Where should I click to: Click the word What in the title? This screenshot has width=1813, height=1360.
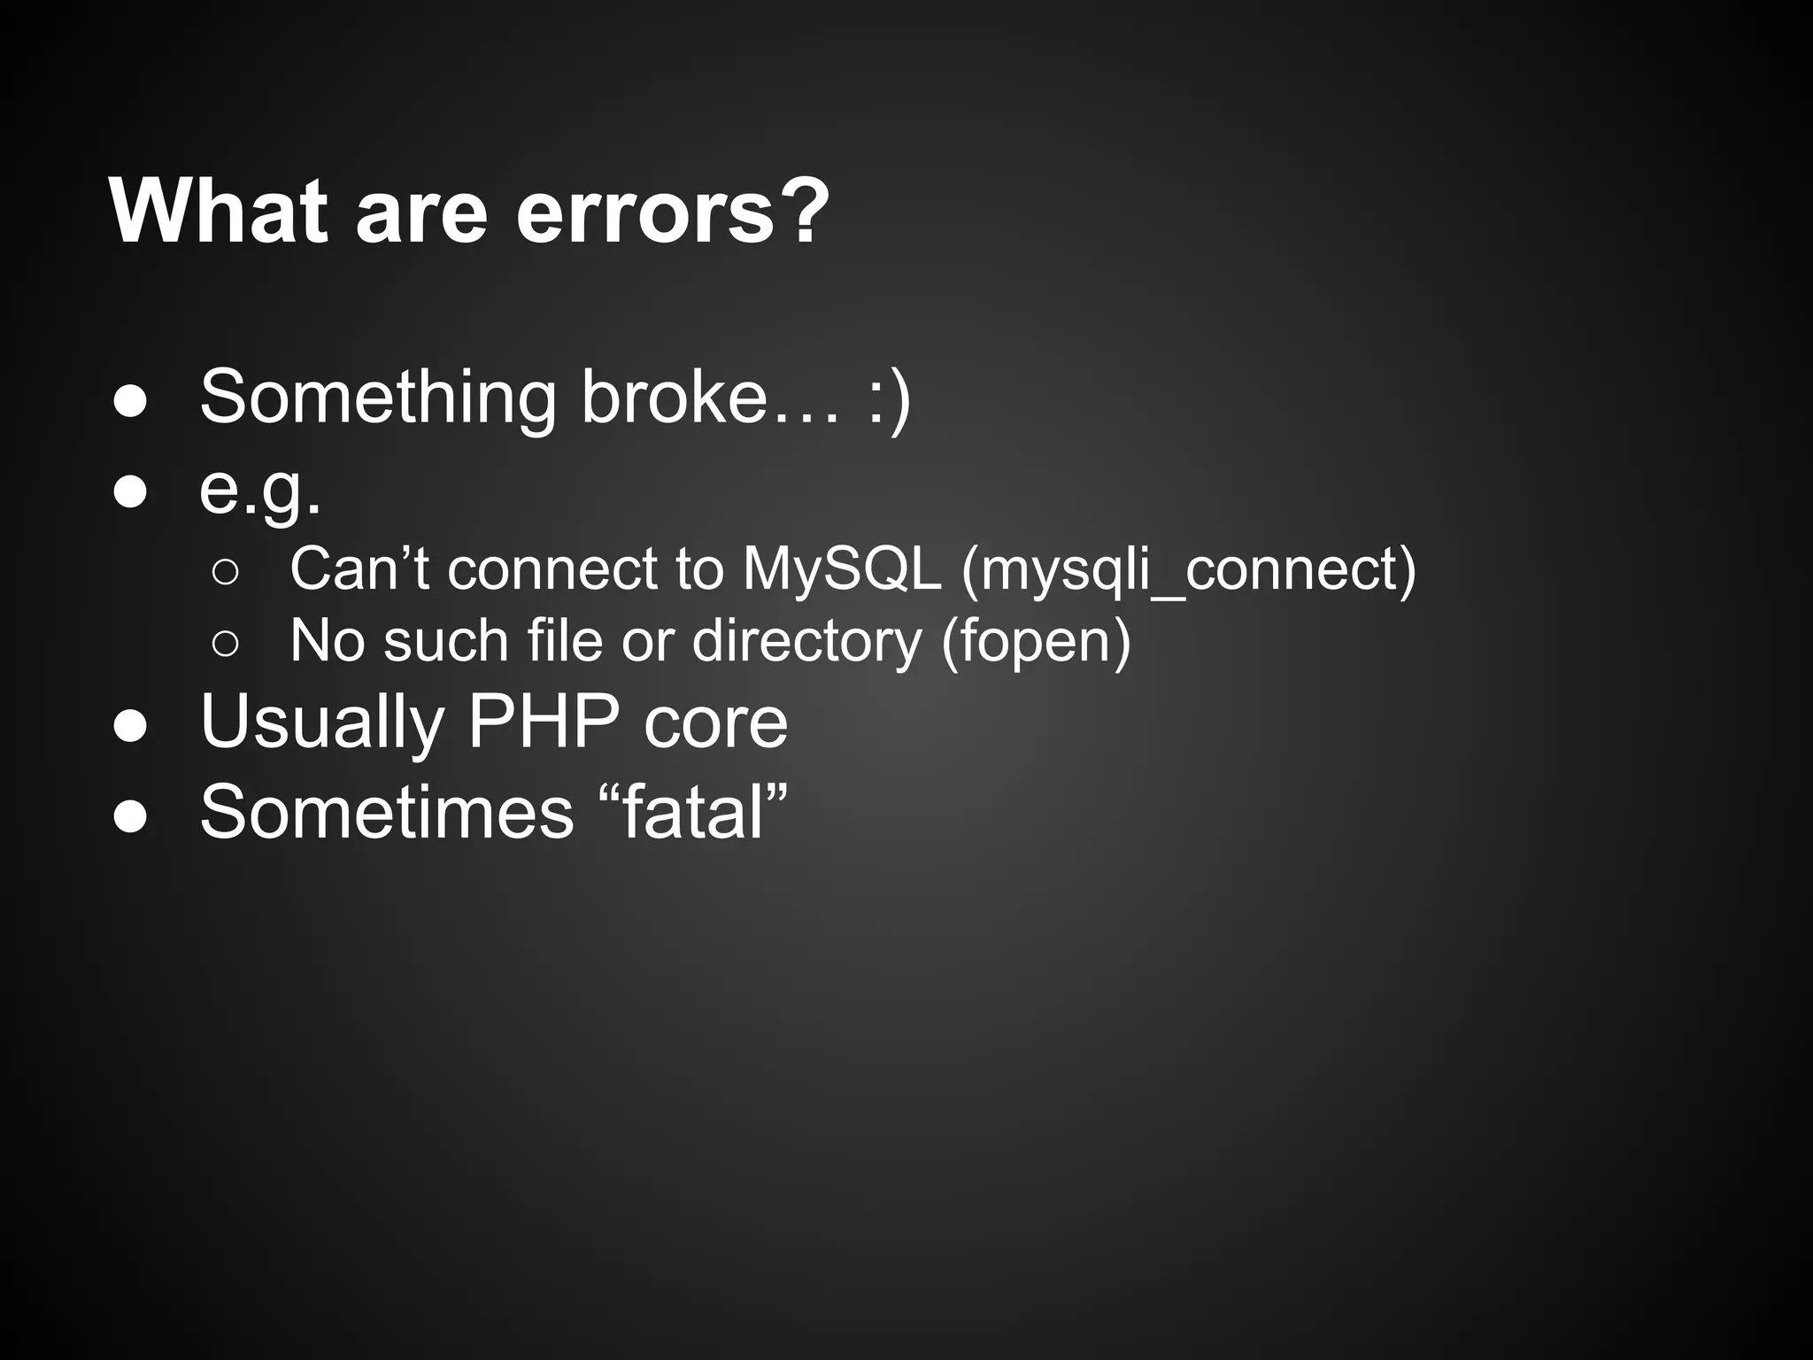coord(217,212)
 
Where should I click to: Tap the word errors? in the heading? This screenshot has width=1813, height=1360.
coord(673,212)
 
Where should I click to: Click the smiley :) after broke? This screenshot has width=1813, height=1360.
coord(888,398)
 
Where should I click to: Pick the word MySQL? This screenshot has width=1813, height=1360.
coord(842,568)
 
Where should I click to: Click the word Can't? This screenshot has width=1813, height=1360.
coord(359,568)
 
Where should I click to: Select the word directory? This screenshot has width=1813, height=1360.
coord(806,641)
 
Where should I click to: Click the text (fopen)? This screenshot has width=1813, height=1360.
coord(1036,641)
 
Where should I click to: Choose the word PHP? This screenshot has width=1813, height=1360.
coord(543,722)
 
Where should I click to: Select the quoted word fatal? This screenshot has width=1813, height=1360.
coord(694,813)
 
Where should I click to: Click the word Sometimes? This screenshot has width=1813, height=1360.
coord(387,813)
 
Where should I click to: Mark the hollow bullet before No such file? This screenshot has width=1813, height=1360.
coord(226,645)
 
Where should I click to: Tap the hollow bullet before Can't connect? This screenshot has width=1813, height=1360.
coord(226,573)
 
